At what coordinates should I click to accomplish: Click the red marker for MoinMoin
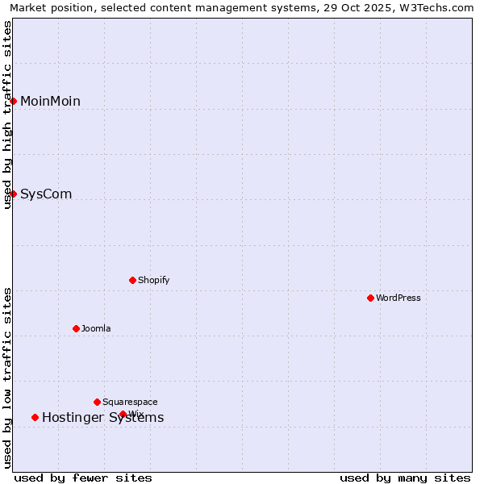click(14, 101)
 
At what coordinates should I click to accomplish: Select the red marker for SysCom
click(14, 194)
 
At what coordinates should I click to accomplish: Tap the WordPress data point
click(370, 298)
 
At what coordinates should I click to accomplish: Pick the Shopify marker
click(132, 280)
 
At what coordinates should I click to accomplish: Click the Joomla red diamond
click(76, 328)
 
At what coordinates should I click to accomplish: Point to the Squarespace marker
click(97, 402)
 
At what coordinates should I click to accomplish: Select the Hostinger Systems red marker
click(35, 417)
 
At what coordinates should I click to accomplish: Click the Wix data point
click(123, 414)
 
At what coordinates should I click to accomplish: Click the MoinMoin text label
click(50, 101)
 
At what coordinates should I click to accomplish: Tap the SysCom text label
click(46, 194)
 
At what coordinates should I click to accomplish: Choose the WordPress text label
click(398, 298)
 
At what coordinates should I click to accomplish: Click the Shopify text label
click(153, 280)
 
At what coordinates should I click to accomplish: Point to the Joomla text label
click(96, 328)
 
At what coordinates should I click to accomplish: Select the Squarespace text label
click(130, 402)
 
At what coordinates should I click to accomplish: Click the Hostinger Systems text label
click(102, 417)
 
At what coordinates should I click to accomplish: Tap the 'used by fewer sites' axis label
click(83, 478)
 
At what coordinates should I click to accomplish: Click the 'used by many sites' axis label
click(405, 478)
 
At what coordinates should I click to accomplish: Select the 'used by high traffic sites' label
click(8, 115)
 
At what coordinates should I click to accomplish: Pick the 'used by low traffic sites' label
click(8, 377)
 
